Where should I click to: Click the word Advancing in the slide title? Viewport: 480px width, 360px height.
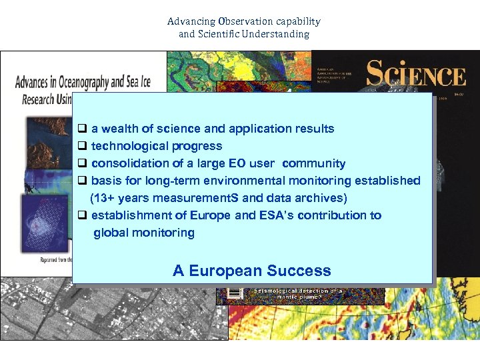click(186, 21)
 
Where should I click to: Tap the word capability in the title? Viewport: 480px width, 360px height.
click(297, 21)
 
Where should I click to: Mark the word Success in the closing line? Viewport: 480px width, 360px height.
click(298, 271)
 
